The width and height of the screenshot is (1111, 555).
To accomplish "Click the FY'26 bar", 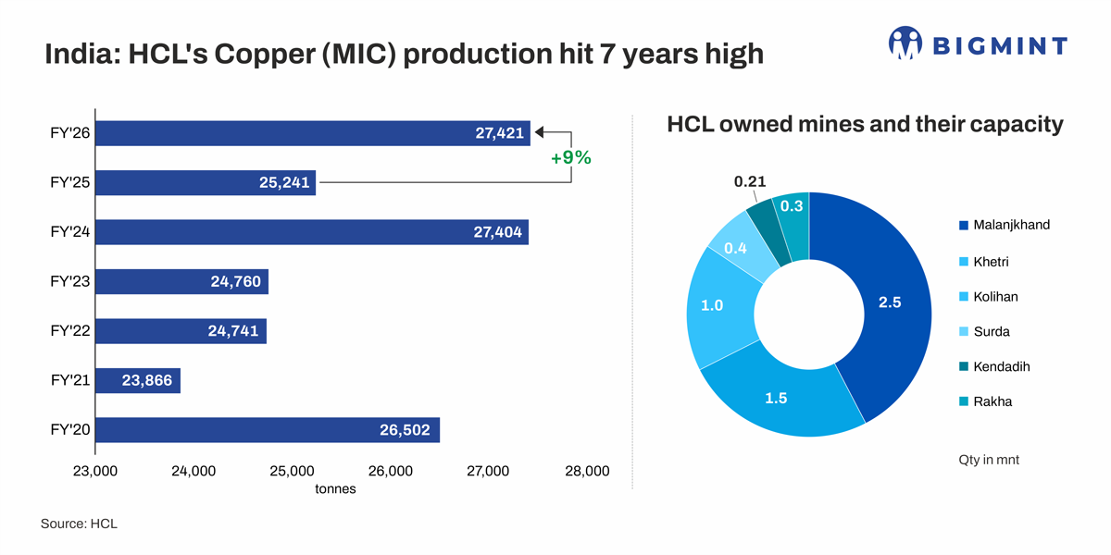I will coord(313,133).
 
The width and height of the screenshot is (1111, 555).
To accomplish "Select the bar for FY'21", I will coord(138,380).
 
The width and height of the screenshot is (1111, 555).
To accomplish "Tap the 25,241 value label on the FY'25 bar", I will coord(284,183).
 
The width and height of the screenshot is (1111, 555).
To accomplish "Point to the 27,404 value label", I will coord(498,232).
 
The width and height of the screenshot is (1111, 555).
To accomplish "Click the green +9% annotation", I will coord(570,158).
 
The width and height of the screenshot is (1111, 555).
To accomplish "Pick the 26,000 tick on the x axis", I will coord(390,471).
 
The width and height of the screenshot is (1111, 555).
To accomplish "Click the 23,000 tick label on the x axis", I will coord(95,471).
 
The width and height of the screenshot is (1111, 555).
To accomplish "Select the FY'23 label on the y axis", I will coord(69,282).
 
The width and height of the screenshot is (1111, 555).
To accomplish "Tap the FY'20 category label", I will coord(69,430).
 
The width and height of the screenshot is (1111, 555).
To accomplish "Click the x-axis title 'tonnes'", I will coord(335,488).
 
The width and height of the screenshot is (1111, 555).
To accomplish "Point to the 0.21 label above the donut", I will coord(750,182).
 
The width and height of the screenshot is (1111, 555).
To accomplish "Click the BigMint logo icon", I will coord(905,43).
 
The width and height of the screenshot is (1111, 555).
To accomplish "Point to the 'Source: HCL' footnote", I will coord(79,524).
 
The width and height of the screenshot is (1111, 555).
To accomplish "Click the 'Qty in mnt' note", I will coord(989,460).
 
